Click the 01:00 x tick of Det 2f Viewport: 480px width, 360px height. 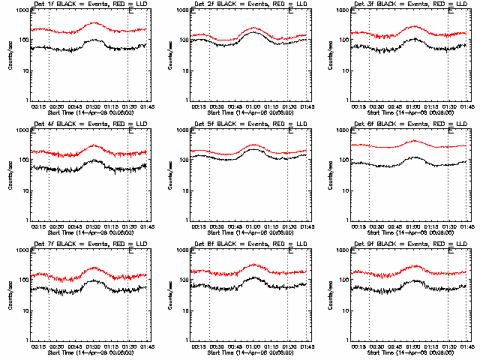(253, 106)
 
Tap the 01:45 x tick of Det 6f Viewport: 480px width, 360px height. (466, 226)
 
